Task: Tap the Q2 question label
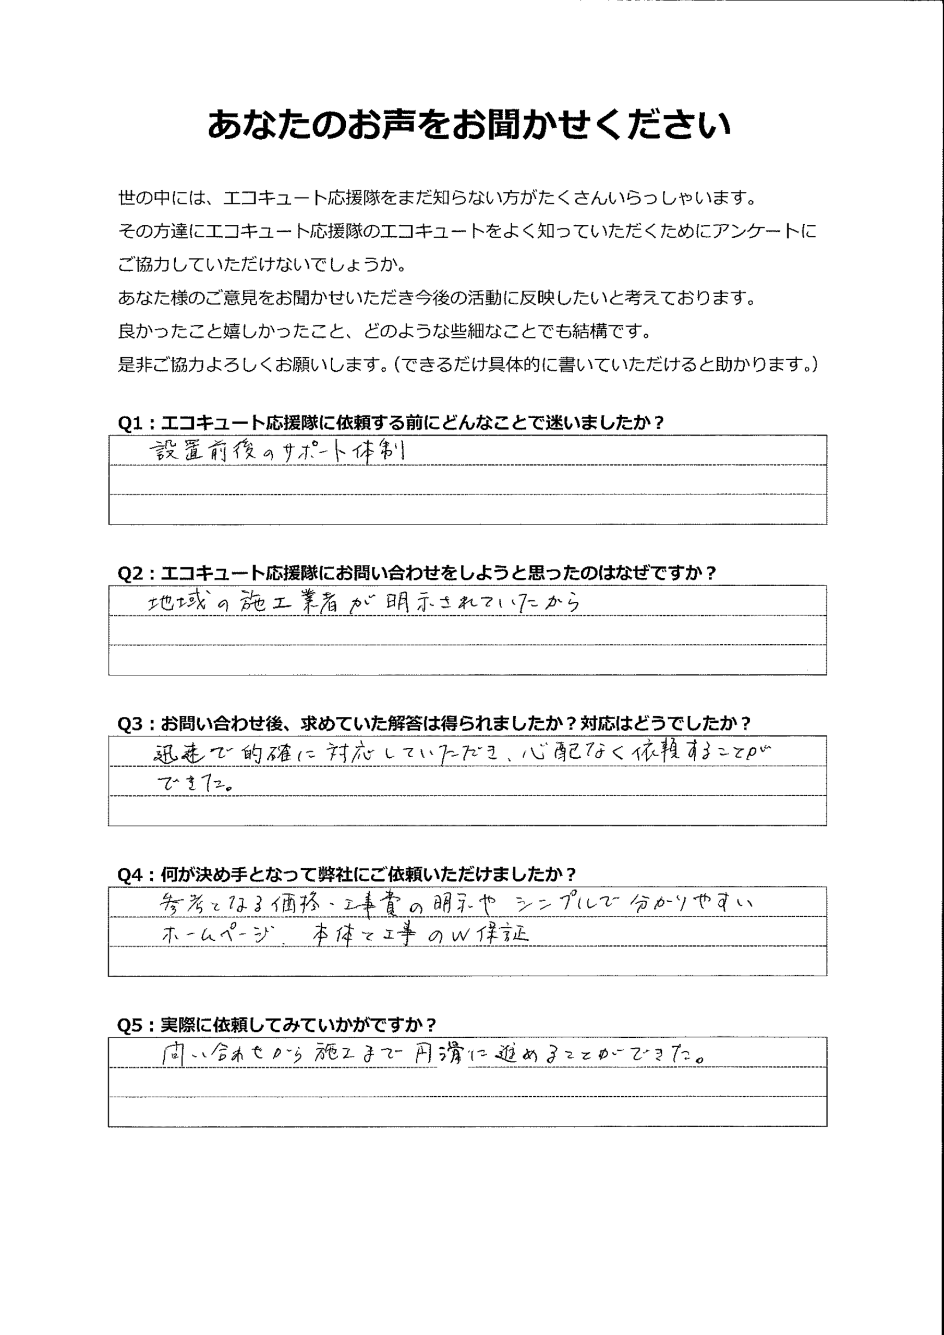(416, 573)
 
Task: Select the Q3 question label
(434, 723)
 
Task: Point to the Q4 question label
(347, 874)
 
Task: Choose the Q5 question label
(276, 1025)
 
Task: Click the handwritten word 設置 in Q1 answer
(176, 451)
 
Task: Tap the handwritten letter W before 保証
(459, 936)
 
